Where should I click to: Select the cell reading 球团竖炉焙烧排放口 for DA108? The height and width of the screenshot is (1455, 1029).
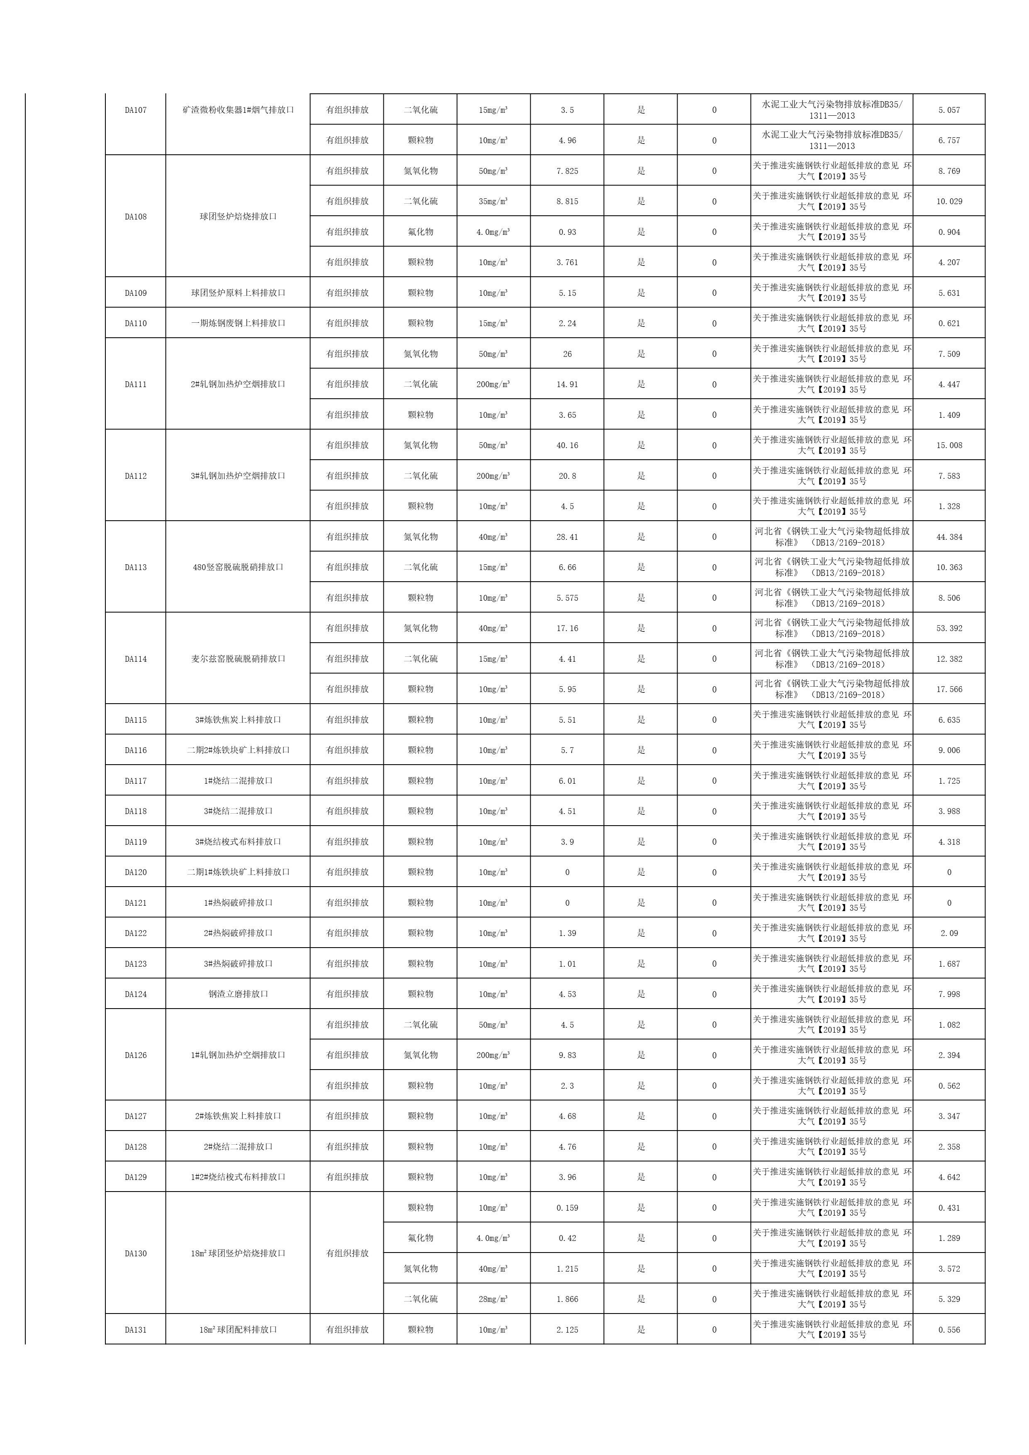[x=238, y=217]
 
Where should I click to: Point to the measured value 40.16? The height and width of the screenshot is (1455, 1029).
[x=567, y=446]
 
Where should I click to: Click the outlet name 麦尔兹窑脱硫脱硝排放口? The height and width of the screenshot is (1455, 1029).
[x=238, y=659]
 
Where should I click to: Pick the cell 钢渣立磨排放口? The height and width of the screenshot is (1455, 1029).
[x=238, y=994]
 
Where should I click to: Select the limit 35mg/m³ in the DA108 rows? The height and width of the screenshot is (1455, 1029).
[x=493, y=202]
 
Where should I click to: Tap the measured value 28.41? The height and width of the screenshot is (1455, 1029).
[x=567, y=537]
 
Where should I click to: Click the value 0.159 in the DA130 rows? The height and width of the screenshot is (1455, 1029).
[x=567, y=1208]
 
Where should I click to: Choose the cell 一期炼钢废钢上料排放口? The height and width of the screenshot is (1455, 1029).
[x=238, y=323]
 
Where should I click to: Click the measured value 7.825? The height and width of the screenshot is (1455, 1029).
[x=567, y=171]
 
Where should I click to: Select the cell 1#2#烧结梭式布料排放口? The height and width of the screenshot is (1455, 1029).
[x=238, y=1177]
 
